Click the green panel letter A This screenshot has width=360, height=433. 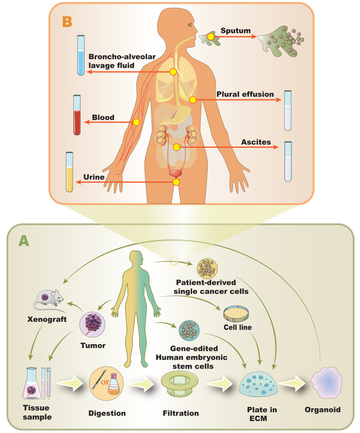(x=24, y=241)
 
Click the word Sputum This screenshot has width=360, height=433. (x=236, y=31)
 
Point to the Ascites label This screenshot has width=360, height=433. (x=256, y=142)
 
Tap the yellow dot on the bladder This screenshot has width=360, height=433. (x=176, y=182)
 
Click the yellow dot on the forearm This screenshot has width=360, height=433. (x=136, y=122)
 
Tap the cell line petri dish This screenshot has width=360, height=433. (x=238, y=313)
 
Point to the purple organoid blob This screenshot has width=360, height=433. (x=326, y=382)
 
